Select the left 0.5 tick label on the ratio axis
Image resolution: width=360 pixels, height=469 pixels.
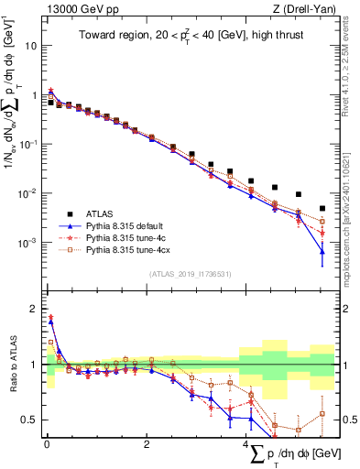pos(31,420)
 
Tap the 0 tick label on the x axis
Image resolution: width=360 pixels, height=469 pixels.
pos(47,444)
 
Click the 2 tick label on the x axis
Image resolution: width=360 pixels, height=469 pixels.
pos(147,444)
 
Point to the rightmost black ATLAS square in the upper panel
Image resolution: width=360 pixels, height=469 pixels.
pos(322,208)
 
